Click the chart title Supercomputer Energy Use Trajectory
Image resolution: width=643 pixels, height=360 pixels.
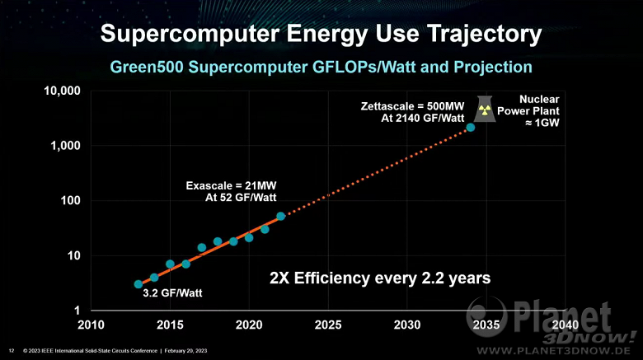tap(321, 34)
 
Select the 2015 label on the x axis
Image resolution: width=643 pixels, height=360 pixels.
tap(170, 325)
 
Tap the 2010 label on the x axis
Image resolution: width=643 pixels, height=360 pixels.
tap(91, 325)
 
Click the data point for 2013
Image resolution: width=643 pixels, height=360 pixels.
tap(138, 284)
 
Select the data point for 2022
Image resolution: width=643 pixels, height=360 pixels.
tap(280, 216)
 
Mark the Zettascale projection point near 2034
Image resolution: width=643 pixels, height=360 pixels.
tap(470, 128)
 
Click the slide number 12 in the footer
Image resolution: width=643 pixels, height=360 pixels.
tap(11, 350)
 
